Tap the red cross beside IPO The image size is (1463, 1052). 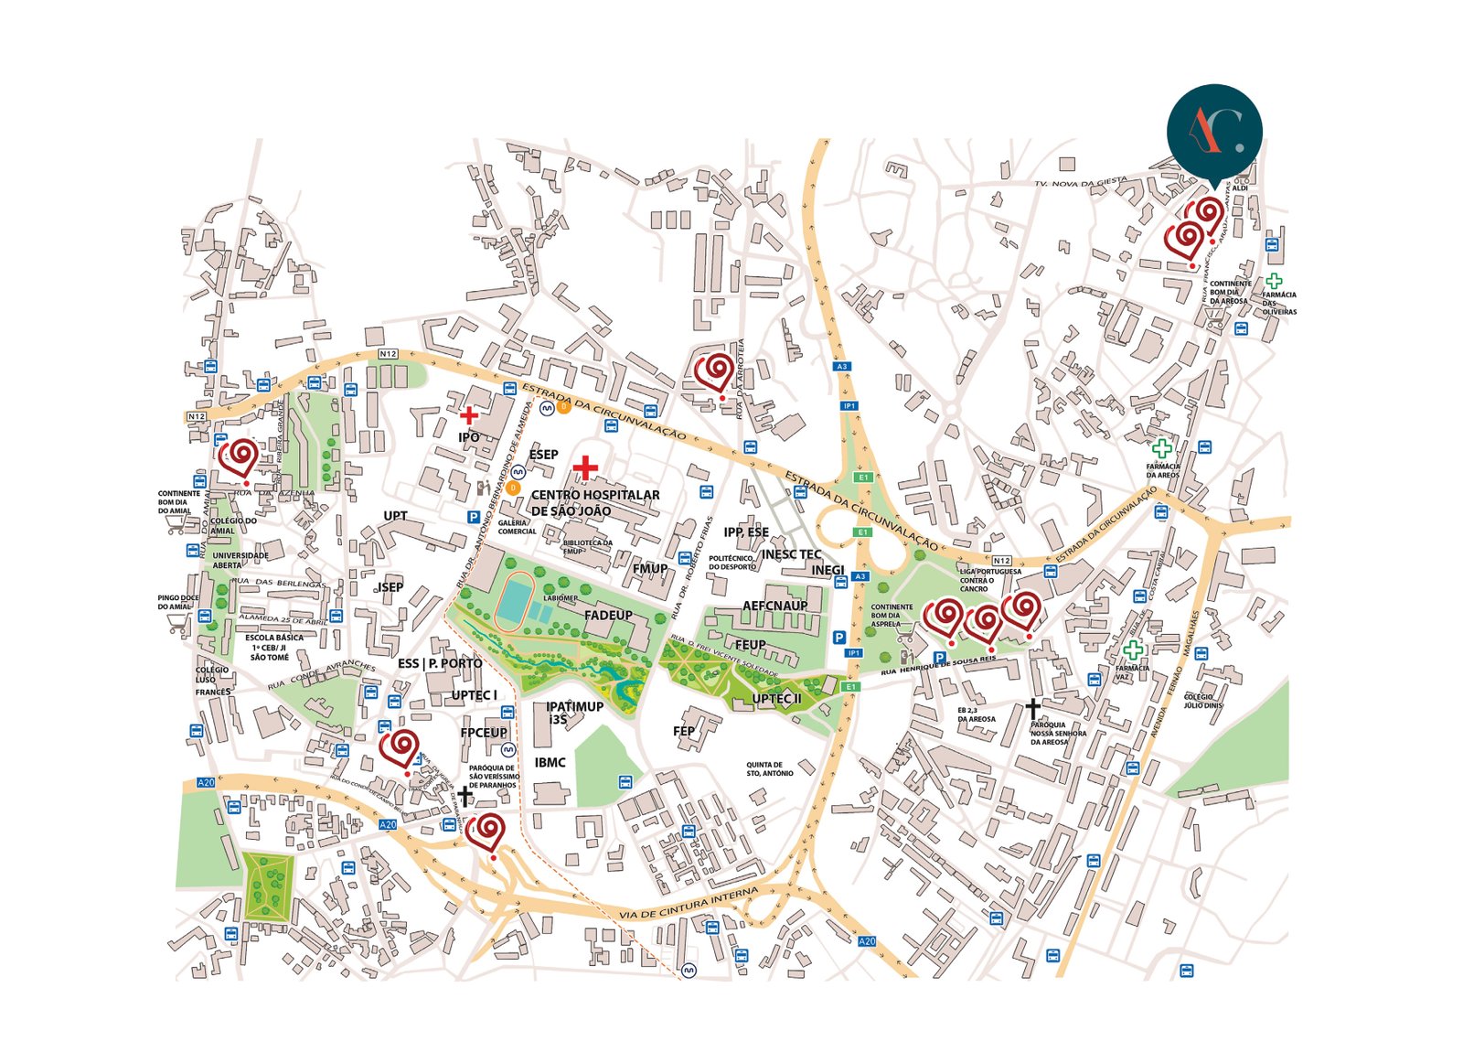click(468, 414)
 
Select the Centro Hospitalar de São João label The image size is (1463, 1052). click(595, 502)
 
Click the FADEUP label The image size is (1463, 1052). click(608, 615)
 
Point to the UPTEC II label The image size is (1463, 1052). click(776, 699)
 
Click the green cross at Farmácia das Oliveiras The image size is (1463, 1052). click(1273, 282)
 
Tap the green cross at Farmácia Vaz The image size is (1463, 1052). click(1133, 650)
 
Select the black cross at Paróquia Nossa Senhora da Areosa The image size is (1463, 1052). click(1032, 709)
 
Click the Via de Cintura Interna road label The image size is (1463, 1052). click(689, 903)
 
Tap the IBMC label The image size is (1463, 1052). click(550, 762)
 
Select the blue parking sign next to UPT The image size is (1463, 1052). click(474, 517)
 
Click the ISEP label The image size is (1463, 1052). click(390, 586)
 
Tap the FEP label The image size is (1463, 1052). click(684, 731)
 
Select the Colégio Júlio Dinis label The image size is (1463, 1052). click(1202, 701)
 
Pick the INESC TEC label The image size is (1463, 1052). click(791, 553)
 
